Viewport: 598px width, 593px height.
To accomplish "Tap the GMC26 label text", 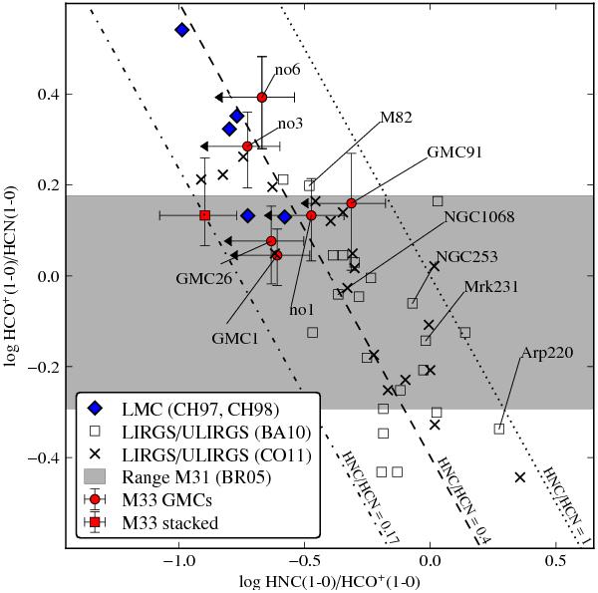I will click(202, 276).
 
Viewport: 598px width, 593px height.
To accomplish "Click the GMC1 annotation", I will click(229, 338).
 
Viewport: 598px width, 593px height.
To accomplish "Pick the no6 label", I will click(288, 71).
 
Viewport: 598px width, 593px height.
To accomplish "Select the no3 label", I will click(290, 124).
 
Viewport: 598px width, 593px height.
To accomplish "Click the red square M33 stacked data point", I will click(204, 215).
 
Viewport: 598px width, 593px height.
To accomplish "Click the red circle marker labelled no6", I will click(262, 97).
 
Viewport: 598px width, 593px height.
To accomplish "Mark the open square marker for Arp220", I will click(499, 429).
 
